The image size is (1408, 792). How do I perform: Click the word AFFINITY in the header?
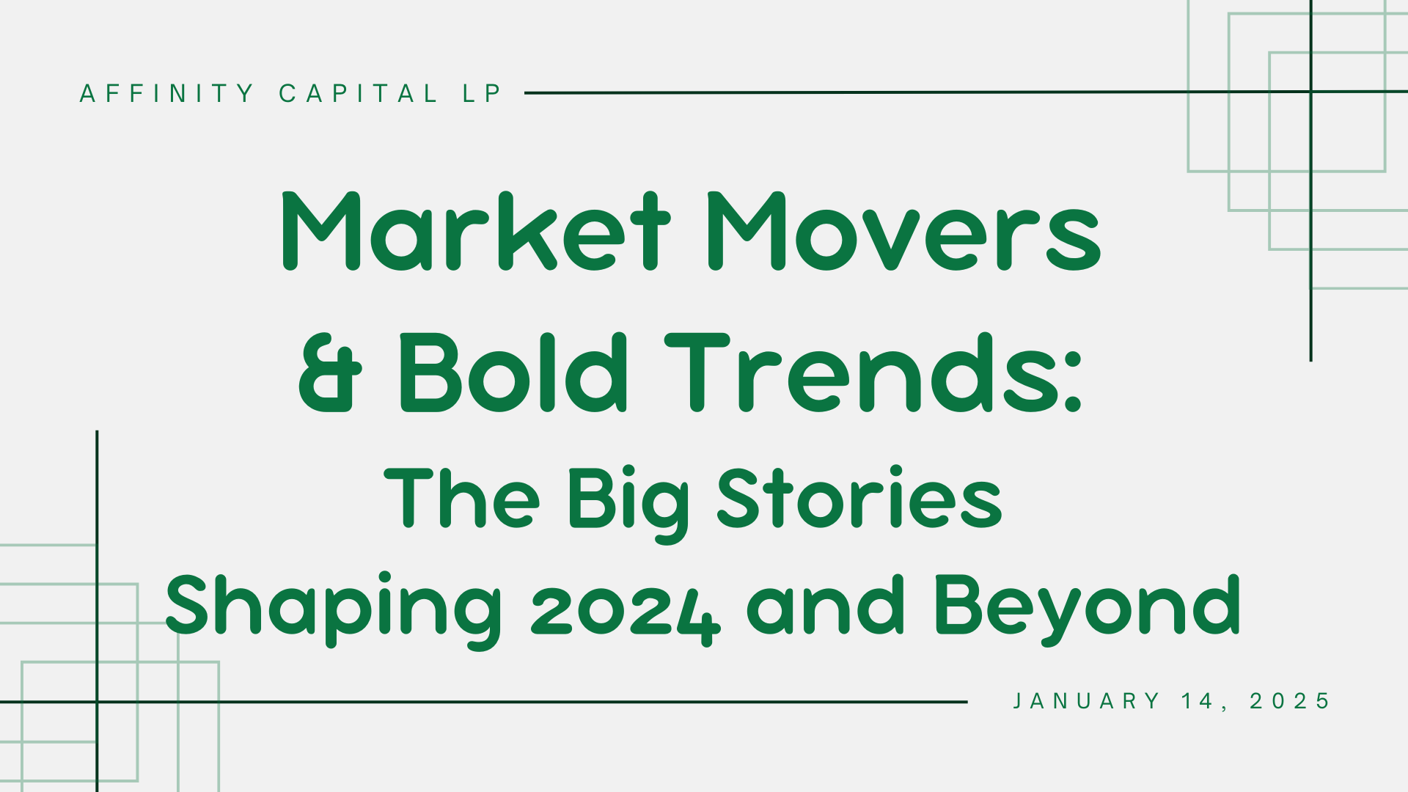click(x=166, y=93)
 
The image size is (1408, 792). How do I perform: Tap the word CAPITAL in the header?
click(x=358, y=93)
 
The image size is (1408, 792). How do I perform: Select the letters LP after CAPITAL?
click(x=482, y=93)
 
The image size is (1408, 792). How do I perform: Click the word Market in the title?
click(x=476, y=231)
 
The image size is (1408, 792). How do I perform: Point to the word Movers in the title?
click(x=903, y=231)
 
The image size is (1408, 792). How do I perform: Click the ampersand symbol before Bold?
click(x=331, y=373)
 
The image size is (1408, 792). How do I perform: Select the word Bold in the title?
click(x=513, y=372)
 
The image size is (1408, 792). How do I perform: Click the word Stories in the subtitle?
click(x=859, y=496)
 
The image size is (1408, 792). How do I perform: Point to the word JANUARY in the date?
click(x=1086, y=701)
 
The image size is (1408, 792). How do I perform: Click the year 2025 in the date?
click(x=1290, y=701)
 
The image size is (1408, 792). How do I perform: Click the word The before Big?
click(x=462, y=496)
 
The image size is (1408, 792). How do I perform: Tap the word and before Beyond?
click(x=826, y=604)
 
